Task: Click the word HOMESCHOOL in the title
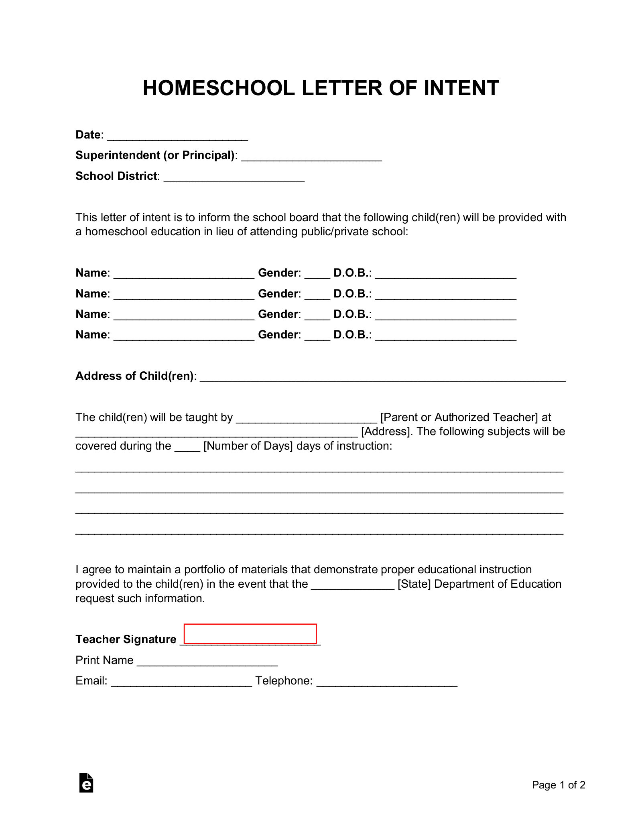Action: pos(219,88)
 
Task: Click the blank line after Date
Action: pos(177,136)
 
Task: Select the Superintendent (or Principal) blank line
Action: pos(311,157)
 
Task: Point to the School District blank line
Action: pos(234,178)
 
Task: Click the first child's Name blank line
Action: pos(184,275)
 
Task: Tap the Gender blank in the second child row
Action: pos(317,295)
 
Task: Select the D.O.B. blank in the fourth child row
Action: pos(445,336)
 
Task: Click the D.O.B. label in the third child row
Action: pos(351,314)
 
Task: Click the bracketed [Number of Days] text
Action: pos(248,446)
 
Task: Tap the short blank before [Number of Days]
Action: pos(187,448)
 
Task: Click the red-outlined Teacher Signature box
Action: pos(250,633)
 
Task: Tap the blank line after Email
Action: pos(181,682)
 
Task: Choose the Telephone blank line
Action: pos(387,682)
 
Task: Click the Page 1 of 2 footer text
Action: pos(559,785)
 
